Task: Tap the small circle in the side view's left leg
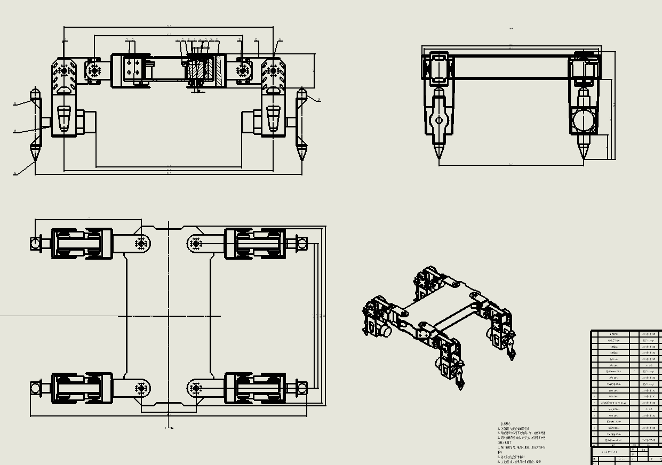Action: click(x=439, y=121)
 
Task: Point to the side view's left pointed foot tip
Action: click(x=439, y=157)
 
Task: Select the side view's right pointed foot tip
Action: click(x=583, y=156)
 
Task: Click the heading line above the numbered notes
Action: click(x=506, y=424)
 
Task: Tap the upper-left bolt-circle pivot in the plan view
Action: click(x=141, y=244)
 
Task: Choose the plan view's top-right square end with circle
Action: click(x=301, y=244)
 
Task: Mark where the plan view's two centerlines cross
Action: click(x=169, y=316)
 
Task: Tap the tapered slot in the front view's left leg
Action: click(x=63, y=118)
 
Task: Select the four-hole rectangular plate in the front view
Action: click(x=131, y=68)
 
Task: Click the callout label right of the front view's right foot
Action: click(x=319, y=100)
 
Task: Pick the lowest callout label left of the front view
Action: click(x=15, y=173)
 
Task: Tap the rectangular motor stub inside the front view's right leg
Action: click(x=250, y=122)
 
